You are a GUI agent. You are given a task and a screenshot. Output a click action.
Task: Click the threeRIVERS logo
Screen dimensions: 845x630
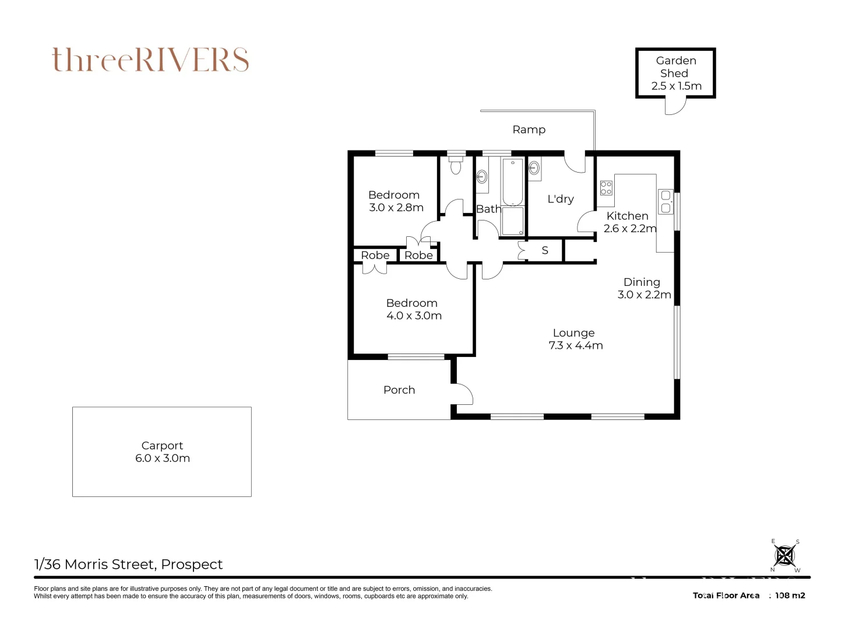pos(150,60)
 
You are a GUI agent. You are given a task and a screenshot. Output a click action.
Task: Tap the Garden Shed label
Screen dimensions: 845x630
pos(675,66)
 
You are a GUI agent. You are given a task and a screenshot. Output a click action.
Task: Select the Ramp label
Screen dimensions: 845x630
pos(529,129)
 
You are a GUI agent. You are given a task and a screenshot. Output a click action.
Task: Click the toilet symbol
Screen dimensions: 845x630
pos(456,163)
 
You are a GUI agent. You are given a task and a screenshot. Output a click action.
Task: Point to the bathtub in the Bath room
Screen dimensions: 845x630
pos(512,182)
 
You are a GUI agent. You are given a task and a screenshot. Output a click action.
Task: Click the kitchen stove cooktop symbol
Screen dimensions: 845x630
pos(606,188)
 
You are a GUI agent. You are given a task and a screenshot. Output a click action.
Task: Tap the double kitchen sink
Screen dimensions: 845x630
pos(666,201)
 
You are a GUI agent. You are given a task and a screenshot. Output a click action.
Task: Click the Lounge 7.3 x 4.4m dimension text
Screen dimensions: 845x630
pos(576,345)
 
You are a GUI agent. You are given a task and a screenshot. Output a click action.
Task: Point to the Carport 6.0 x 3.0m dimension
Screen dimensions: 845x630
pos(162,458)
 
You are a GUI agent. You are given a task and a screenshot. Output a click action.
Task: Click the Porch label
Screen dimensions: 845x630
pos(399,390)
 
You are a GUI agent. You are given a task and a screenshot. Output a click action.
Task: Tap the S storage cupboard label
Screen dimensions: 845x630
pos(545,250)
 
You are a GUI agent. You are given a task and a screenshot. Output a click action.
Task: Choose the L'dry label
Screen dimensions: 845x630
pos(561,199)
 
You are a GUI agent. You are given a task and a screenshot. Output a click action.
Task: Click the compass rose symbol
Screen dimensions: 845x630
pos(785,555)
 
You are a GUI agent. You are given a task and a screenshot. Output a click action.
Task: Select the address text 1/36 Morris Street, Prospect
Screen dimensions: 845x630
pos(128,564)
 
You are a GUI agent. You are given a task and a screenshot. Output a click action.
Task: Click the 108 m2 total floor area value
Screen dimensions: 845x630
pos(790,596)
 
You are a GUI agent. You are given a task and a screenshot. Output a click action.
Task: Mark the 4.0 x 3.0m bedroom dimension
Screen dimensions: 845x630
pos(414,316)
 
